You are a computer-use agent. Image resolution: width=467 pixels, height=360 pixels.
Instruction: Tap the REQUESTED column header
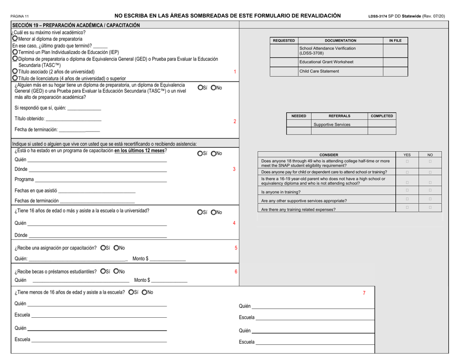[284, 40]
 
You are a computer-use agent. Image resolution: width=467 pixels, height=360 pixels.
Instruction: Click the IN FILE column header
[395, 40]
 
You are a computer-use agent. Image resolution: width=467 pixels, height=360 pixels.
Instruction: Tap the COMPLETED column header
[381, 116]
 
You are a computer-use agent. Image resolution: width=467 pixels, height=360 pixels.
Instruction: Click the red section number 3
[234, 169]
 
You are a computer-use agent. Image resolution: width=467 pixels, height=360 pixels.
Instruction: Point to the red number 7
[364, 293]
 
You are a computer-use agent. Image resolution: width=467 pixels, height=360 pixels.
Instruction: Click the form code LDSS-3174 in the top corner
[379, 16]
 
